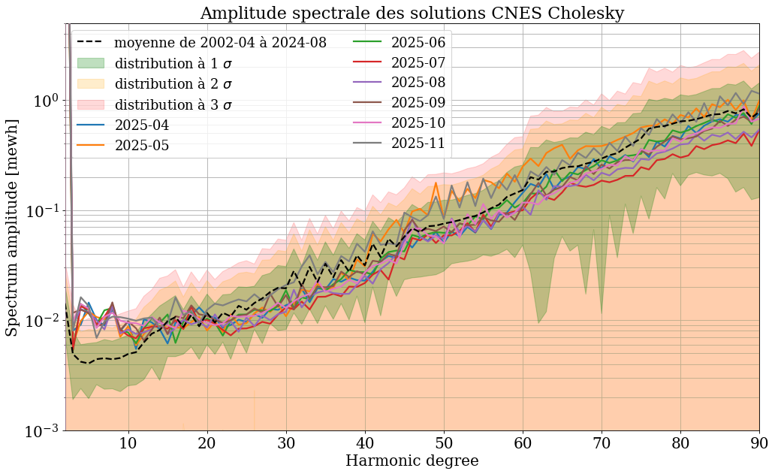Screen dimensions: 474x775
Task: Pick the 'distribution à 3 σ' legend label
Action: [x=173, y=105]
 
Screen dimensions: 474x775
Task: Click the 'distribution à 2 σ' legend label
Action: [x=173, y=84]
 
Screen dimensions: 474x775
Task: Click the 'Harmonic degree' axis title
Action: [x=412, y=460]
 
